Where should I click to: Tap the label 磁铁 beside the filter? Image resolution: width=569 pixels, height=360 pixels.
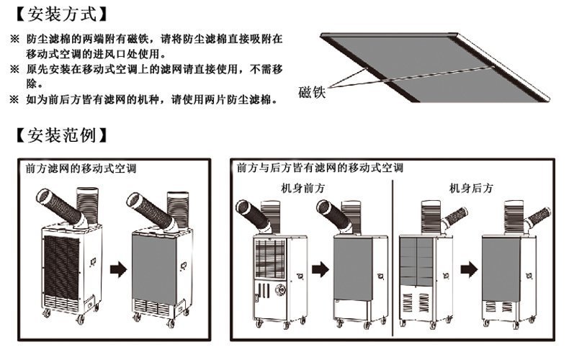pos(312,92)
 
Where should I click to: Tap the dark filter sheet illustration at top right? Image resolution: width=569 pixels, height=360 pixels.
pos(432,61)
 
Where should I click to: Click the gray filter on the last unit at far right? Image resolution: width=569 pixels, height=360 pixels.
pos(503,264)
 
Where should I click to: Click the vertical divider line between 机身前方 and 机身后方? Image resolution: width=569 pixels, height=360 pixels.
pos(393,259)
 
